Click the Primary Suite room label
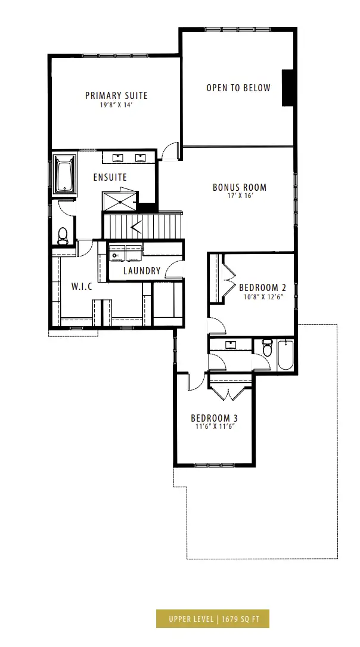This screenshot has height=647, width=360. tap(116, 96)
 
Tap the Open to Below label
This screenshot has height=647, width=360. tap(238, 88)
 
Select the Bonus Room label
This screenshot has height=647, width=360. tap(240, 187)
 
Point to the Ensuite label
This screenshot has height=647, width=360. tap(110, 178)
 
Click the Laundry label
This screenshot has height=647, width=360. tap(141, 271)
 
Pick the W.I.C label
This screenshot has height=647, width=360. tap(82, 286)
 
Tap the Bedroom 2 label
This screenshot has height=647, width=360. tap(263, 287)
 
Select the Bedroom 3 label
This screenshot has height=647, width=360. tap(214, 418)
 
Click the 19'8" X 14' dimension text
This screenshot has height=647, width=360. tap(116, 105)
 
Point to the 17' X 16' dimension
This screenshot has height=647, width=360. tap(240, 196)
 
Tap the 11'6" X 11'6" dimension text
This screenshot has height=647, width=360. tap(214, 426)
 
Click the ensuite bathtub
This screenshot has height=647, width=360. tap(65, 174)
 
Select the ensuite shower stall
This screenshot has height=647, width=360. tap(120, 201)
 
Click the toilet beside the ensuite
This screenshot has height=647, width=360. tap(63, 236)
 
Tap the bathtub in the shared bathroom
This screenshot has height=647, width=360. tap(285, 355)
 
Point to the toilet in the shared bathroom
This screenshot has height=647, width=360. tap(267, 348)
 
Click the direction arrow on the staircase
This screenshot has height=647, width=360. tap(136, 227)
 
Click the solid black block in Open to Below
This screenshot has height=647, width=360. tap(287, 88)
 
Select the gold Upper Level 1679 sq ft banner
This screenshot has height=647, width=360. tap(213, 618)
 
